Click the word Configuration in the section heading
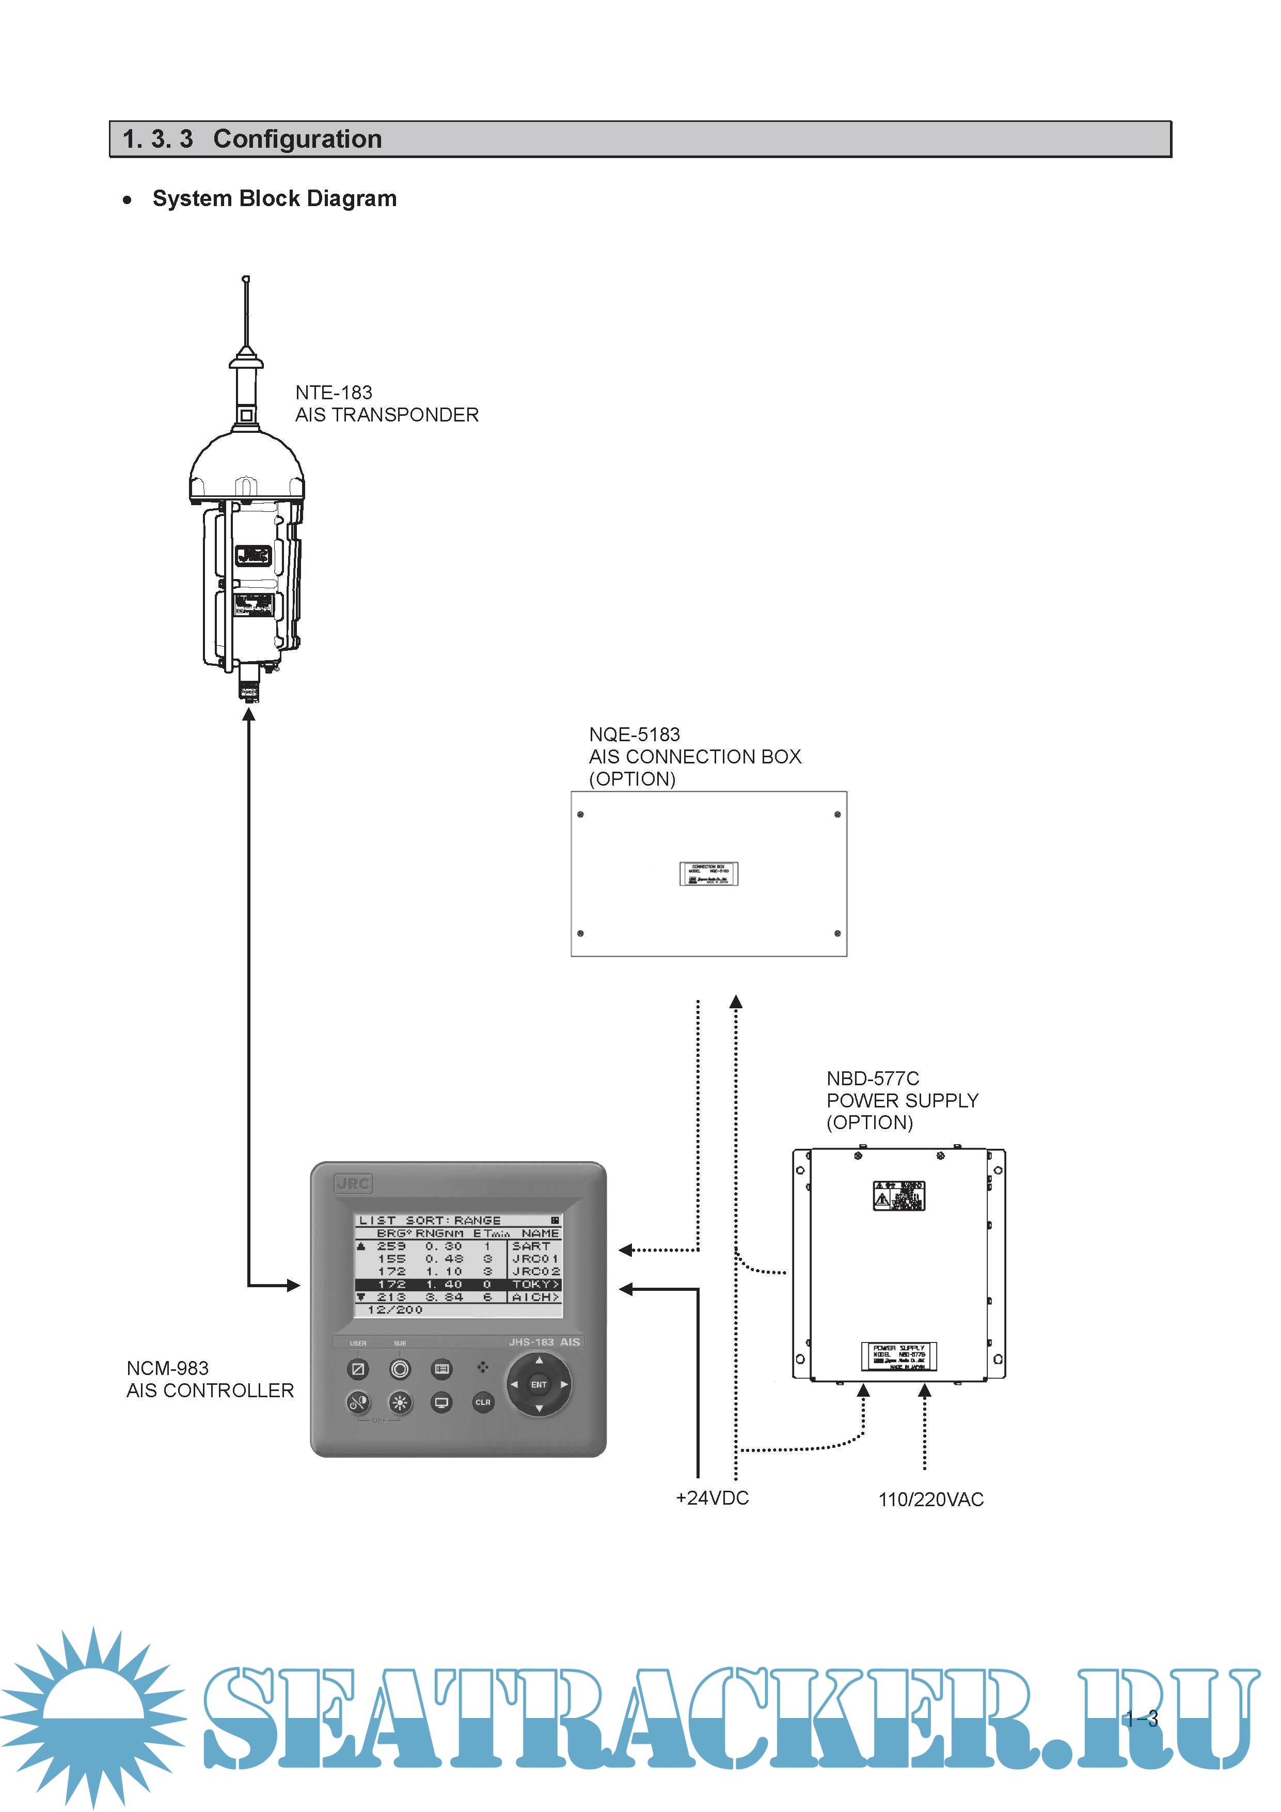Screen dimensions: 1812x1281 297,139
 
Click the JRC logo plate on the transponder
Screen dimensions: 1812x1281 253,556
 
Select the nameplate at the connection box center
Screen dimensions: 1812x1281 708,873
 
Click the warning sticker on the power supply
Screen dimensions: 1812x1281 898,1196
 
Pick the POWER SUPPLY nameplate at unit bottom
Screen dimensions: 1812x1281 898,1356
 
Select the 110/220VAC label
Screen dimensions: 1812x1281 931,1499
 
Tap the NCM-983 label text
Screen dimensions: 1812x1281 167,1368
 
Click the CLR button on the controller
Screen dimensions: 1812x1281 483,1402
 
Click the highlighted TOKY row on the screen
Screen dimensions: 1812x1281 457,1284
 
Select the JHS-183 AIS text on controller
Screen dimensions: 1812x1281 544,1341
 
